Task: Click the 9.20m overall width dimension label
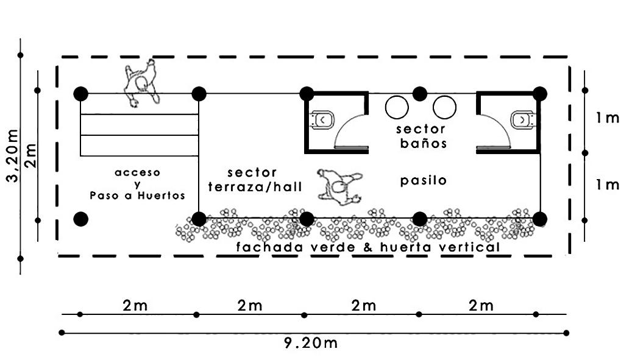tap(311, 342)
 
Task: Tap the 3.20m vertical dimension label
tap(10, 155)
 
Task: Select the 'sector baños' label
tap(421, 136)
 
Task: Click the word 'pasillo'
tap(424, 180)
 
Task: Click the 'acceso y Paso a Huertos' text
tap(137, 184)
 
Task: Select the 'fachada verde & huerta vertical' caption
tap(368, 247)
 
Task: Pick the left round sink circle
tap(397, 107)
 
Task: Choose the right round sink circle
tap(444, 107)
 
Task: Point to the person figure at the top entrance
tap(142, 83)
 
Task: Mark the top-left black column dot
tap(80, 94)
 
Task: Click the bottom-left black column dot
tap(80, 219)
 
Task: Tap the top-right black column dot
tap(539, 93)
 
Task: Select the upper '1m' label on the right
tap(608, 118)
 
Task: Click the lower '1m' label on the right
tap(608, 185)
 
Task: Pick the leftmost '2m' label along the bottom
tap(135, 306)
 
